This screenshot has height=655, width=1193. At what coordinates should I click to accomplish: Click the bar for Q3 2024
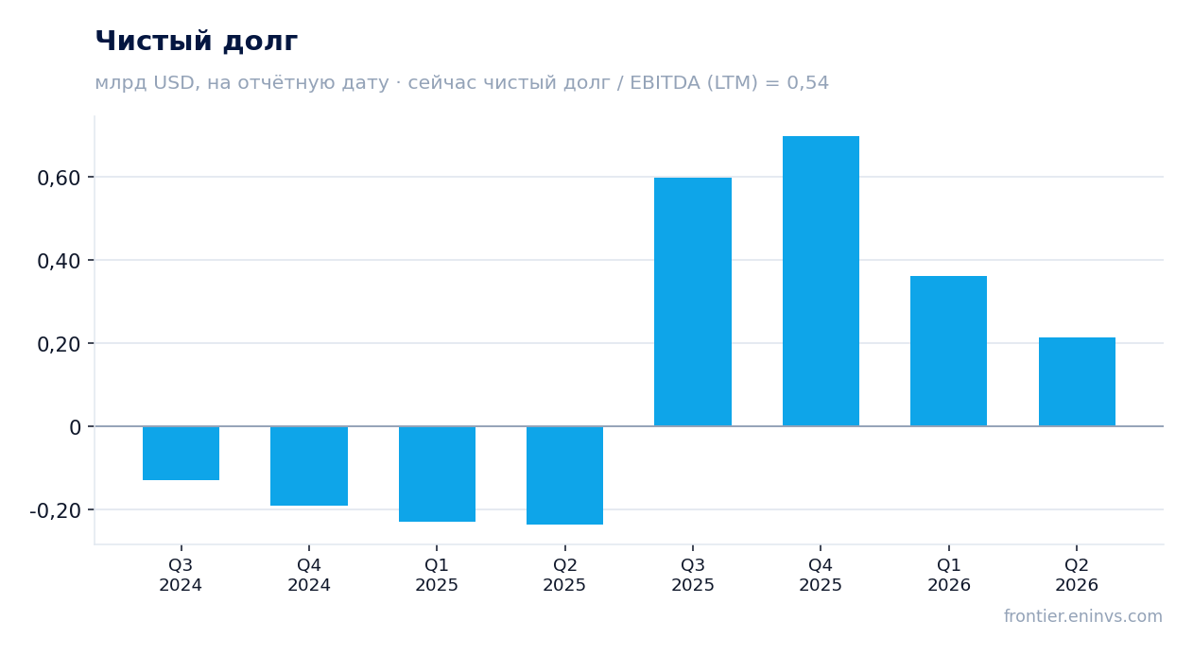pyautogui.click(x=182, y=453)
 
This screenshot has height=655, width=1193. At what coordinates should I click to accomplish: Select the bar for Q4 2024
pyautogui.click(x=309, y=466)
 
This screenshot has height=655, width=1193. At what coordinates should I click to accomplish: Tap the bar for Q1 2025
pyautogui.click(x=438, y=474)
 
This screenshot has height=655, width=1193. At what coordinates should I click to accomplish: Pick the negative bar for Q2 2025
pyautogui.click(x=565, y=475)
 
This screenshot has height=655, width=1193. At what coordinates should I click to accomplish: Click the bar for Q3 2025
pyautogui.click(x=693, y=302)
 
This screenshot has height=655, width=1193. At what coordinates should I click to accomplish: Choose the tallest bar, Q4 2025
pyautogui.click(x=821, y=281)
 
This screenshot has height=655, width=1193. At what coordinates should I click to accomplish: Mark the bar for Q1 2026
pyautogui.click(x=948, y=352)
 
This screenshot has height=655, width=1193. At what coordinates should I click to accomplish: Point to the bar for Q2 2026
pyautogui.click(x=1077, y=382)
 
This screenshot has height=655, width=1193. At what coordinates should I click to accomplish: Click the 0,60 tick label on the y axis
pyautogui.click(x=59, y=178)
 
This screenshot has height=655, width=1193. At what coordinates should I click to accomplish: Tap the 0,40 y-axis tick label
pyautogui.click(x=59, y=261)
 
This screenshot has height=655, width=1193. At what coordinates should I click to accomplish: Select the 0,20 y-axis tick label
pyautogui.click(x=59, y=345)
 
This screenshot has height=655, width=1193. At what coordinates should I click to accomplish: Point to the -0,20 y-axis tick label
pyautogui.click(x=56, y=510)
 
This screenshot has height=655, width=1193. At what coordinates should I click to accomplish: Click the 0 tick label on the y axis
pyautogui.click(x=75, y=427)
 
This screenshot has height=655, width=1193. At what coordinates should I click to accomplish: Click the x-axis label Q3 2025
pyautogui.click(x=693, y=575)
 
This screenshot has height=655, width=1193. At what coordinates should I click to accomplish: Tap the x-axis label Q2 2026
pyautogui.click(x=1077, y=575)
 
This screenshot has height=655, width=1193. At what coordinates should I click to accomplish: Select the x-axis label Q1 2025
pyautogui.click(x=437, y=575)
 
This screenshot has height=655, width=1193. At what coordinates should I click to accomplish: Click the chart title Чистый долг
pyautogui.click(x=196, y=42)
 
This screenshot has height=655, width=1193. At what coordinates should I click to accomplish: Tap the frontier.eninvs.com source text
pyautogui.click(x=1083, y=616)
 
